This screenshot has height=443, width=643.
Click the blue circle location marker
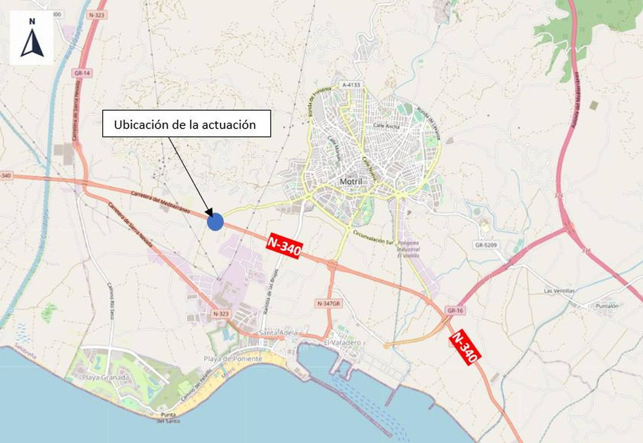215,221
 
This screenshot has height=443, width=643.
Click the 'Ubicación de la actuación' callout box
186,124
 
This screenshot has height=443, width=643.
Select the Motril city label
351,181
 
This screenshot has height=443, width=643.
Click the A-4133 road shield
351,85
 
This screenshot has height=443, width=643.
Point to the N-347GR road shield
328,304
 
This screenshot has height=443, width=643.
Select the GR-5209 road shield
486,245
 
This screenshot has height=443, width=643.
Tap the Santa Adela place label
278,333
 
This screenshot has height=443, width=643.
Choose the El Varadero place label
342,342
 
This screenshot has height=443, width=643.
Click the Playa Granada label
105,377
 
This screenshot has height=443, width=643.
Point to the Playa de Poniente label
233,359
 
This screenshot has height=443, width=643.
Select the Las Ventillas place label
559,291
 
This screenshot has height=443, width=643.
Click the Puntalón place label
607,306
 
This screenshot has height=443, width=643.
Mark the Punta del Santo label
168,418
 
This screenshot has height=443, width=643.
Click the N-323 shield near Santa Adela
221,314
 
